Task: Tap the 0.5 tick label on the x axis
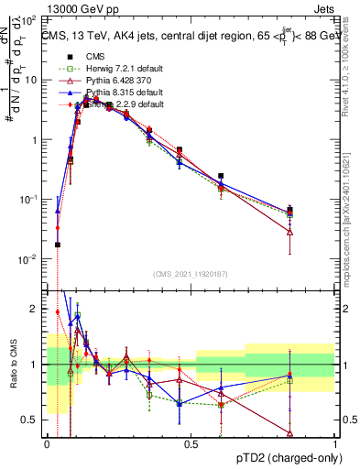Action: (191, 444)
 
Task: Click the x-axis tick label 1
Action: (334, 444)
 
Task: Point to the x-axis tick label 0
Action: (47, 444)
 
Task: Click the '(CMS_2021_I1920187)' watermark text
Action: (191, 273)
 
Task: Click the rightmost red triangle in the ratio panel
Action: (290, 433)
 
